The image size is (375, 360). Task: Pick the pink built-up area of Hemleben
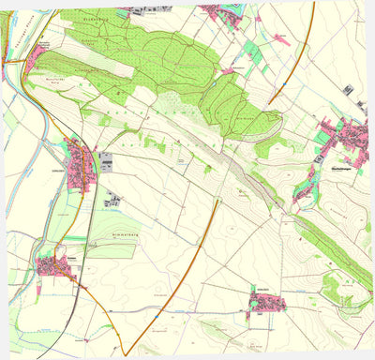[x=268, y=302]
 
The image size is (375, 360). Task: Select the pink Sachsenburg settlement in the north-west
[x=38, y=58]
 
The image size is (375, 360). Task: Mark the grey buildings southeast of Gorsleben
[x=113, y=200]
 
